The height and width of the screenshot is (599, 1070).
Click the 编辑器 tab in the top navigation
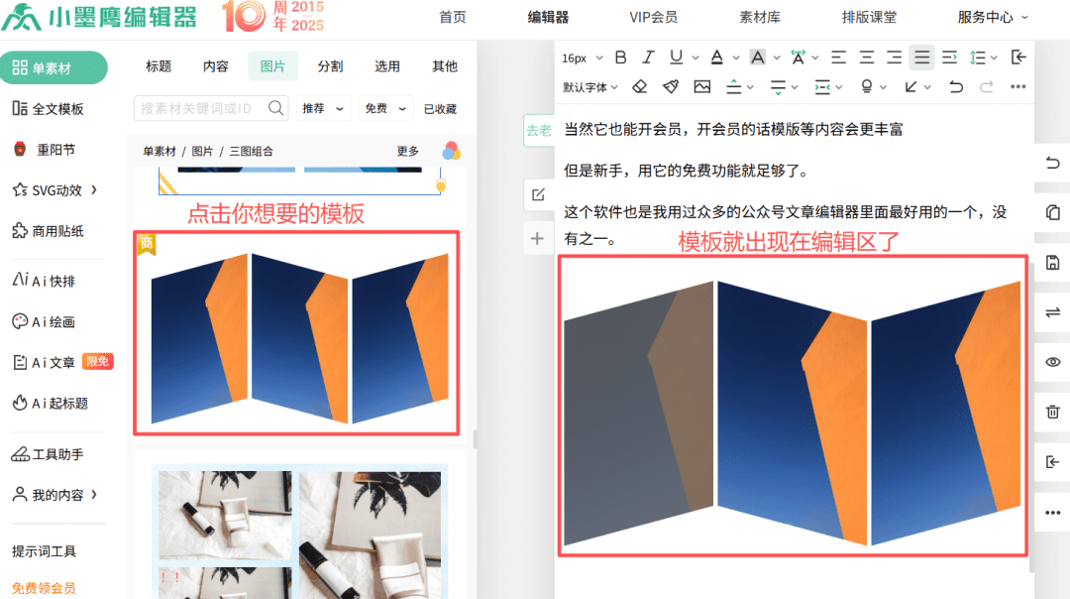548,17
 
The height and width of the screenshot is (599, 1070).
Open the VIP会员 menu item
653,17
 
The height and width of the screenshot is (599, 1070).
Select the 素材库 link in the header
760,17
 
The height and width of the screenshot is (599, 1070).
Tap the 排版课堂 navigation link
869,17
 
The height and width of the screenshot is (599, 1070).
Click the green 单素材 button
53,67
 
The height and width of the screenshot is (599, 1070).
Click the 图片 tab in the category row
273,66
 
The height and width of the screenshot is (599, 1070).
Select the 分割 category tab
330,66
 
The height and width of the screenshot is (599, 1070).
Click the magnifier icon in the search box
275,108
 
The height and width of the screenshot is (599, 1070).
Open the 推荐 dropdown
323,109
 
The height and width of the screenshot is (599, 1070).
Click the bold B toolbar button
620,58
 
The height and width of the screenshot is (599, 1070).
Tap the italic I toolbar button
648,58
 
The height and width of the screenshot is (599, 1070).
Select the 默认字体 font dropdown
590,87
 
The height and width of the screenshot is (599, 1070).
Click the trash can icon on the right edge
1053,412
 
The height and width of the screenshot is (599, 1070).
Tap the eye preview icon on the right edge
1053,362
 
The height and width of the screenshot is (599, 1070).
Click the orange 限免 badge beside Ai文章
97,361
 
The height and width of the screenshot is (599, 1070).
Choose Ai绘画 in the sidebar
44,321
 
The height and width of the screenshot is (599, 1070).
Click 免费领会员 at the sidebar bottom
44,588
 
